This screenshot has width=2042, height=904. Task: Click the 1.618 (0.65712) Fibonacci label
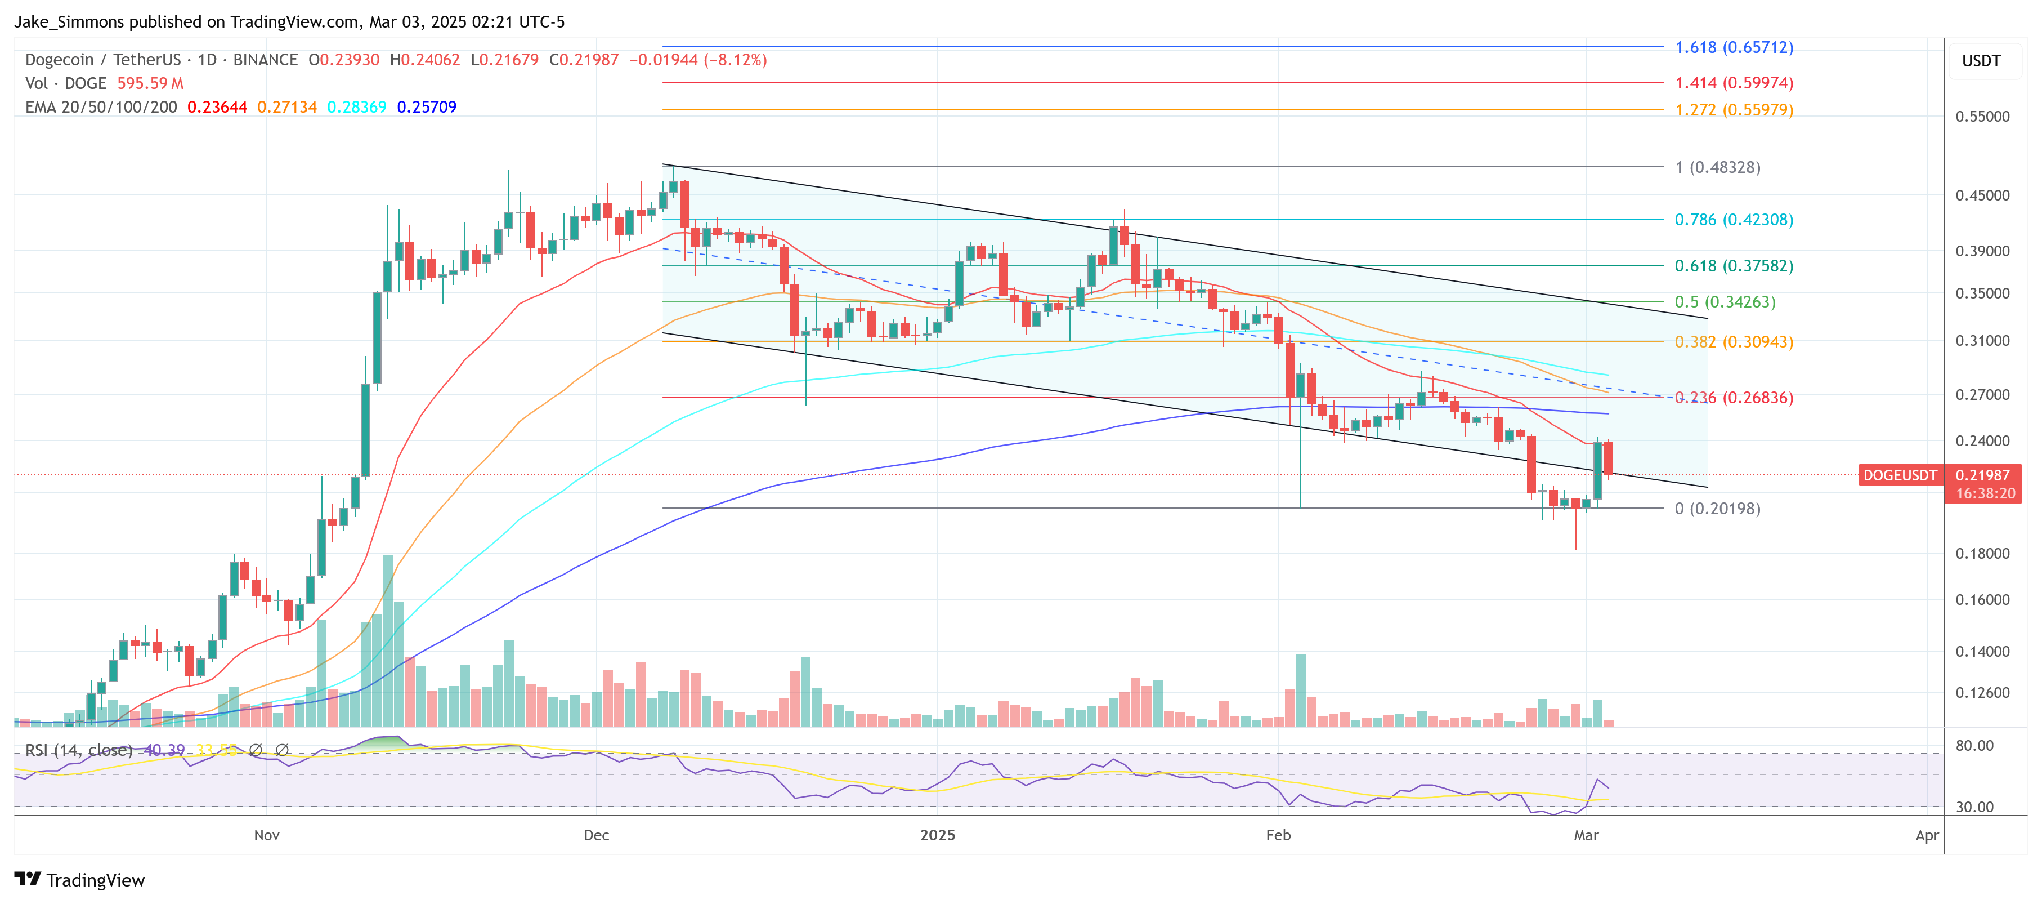pyautogui.click(x=1734, y=47)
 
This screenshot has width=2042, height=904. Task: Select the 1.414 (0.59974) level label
pyautogui.click(x=1734, y=82)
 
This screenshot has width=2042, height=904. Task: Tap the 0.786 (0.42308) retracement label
pyautogui.click(x=1734, y=220)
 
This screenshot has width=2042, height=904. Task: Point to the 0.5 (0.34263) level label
pyautogui.click(x=1725, y=302)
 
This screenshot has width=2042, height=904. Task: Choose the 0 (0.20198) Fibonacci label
pyautogui.click(x=1717, y=508)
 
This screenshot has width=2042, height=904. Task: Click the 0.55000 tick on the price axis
pyautogui.click(x=1982, y=117)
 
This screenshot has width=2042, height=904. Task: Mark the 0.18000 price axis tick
pyautogui.click(x=1982, y=554)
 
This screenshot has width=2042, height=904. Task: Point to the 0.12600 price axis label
pyautogui.click(x=1982, y=693)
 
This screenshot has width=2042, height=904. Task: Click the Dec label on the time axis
pyautogui.click(x=596, y=835)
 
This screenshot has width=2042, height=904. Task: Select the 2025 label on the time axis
pyautogui.click(x=938, y=835)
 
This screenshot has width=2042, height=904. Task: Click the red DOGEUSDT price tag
pyautogui.click(x=1899, y=475)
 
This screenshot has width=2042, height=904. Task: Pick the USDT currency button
pyautogui.click(x=1981, y=61)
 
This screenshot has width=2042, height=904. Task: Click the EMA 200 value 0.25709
pyautogui.click(x=427, y=107)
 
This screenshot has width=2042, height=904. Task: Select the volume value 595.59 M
pyautogui.click(x=150, y=83)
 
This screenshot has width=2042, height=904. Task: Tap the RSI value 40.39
pyautogui.click(x=164, y=750)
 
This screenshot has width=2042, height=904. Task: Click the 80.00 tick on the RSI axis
pyautogui.click(x=1974, y=745)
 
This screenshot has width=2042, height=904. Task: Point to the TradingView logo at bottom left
pyautogui.click(x=79, y=880)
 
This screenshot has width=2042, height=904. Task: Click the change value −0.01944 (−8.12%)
pyautogui.click(x=697, y=60)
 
